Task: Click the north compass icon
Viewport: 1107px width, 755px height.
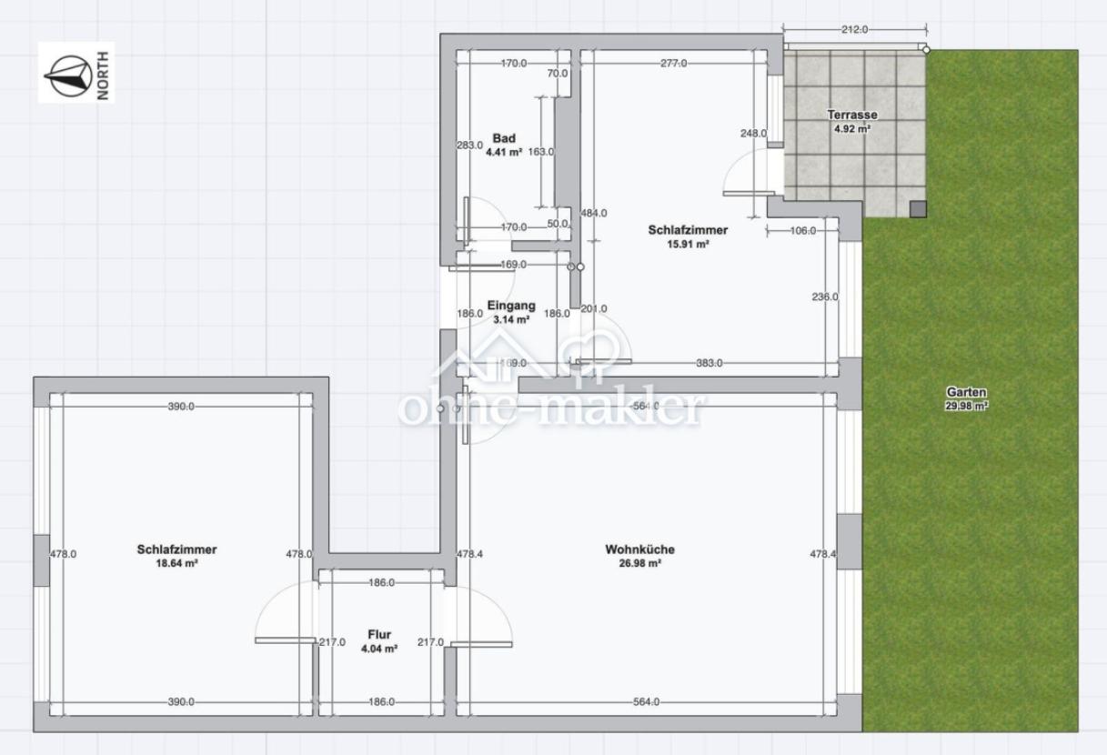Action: (x=68, y=75)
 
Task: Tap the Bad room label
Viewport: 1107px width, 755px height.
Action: (x=504, y=138)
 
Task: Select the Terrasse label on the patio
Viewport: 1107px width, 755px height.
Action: (x=852, y=115)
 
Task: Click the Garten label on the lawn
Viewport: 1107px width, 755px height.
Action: (x=967, y=392)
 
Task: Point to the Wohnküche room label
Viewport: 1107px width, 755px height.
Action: (x=640, y=549)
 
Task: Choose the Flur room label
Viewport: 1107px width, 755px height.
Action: (x=379, y=634)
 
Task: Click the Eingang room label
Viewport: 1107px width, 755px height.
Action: (x=511, y=306)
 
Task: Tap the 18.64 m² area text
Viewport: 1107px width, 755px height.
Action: (x=177, y=563)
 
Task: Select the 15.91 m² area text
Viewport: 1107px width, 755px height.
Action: (x=689, y=244)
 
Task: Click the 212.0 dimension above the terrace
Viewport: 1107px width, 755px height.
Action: (x=855, y=30)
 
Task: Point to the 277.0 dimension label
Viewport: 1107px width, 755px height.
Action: (x=674, y=64)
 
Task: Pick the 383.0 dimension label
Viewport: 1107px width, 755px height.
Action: (x=709, y=363)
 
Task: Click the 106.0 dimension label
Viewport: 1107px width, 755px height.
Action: (x=803, y=231)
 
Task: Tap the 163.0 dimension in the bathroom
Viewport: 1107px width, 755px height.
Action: (x=541, y=152)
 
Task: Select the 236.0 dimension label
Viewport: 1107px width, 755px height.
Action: (x=825, y=297)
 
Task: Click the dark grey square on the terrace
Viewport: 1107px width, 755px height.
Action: (x=918, y=209)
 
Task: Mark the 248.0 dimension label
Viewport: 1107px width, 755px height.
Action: (x=754, y=134)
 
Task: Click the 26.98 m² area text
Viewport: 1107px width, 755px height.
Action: (x=640, y=563)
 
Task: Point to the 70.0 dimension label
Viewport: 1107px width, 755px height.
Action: (x=558, y=74)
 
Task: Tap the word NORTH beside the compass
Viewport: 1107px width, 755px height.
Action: (x=104, y=75)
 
